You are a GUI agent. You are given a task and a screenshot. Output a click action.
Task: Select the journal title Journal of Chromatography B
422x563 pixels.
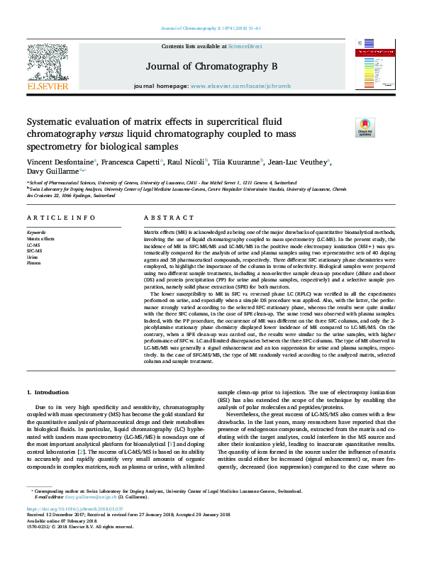(211, 66)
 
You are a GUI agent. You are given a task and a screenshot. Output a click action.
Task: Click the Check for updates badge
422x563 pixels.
(365, 128)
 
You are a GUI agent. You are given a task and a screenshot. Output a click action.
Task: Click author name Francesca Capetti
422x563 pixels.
(135, 162)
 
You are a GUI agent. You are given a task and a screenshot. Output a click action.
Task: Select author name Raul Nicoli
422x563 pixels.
(187, 162)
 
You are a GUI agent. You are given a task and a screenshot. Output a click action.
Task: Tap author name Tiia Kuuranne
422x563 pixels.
(237, 162)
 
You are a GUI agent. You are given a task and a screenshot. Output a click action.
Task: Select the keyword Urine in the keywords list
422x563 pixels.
(33, 256)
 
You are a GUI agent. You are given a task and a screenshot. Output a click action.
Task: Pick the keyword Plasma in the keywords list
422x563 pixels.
(34, 262)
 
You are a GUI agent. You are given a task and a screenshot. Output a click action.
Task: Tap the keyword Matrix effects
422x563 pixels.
(40, 239)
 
